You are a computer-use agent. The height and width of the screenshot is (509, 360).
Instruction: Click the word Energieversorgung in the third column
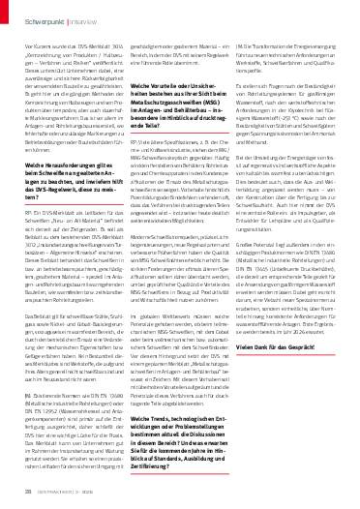click(309, 45)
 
